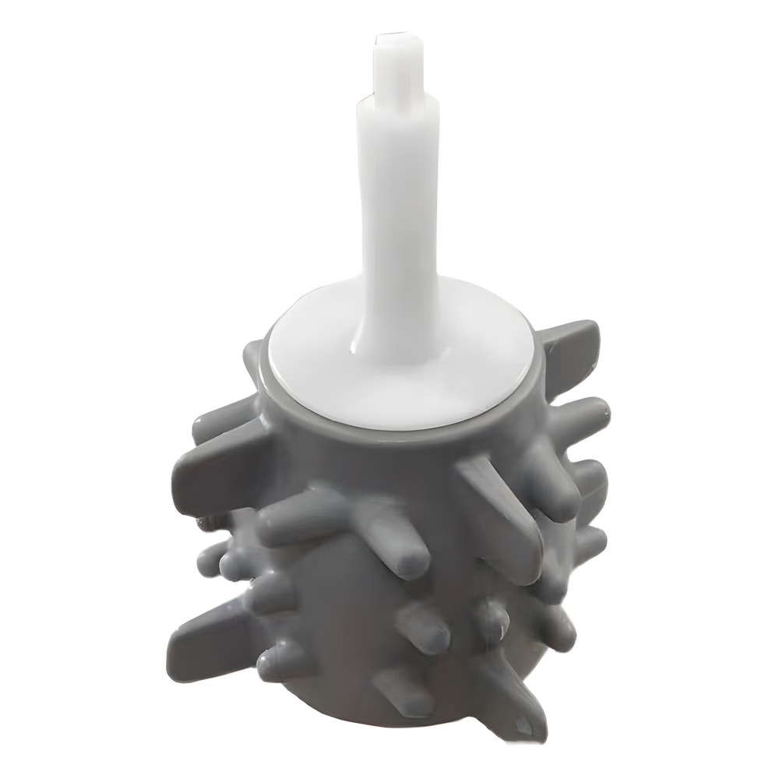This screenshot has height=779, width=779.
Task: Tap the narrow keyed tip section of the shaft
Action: tap(397, 70)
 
